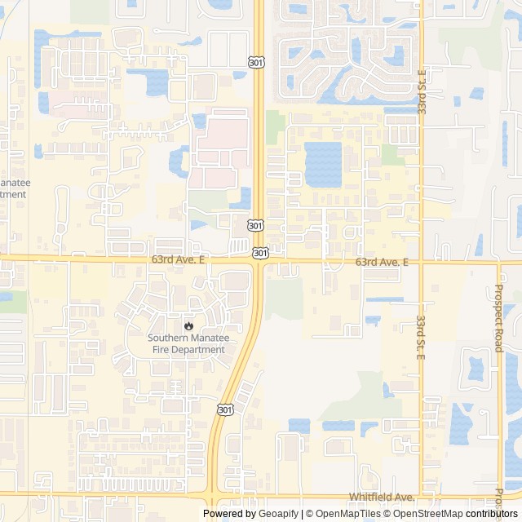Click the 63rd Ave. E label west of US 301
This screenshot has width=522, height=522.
[x=179, y=259]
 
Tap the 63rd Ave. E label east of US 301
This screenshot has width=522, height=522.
[x=382, y=262]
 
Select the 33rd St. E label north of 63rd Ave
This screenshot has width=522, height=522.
[x=422, y=91]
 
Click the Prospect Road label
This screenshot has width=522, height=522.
[x=498, y=318]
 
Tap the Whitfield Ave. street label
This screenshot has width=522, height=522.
[x=383, y=497]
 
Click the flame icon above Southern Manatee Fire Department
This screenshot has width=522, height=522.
[x=188, y=325]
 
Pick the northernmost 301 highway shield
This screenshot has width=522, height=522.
[x=256, y=62]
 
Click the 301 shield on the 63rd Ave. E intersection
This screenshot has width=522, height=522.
[x=260, y=254]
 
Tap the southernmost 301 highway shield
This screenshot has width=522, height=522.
[x=224, y=408]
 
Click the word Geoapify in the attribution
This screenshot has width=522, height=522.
[x=279, y=514]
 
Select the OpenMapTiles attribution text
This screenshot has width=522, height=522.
[x=347, y=514]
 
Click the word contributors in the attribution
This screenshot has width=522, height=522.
[x=492, y=514]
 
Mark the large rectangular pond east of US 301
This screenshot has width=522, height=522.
[x=323, y=163]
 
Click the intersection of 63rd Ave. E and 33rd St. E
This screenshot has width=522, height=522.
[x=421, y=263]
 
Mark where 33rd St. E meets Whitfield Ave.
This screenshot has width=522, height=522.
[x=421, y=493]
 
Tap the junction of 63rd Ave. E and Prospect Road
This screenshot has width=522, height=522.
[x=498, y=263]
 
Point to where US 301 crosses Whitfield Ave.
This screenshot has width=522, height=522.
[x=211, y=493]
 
